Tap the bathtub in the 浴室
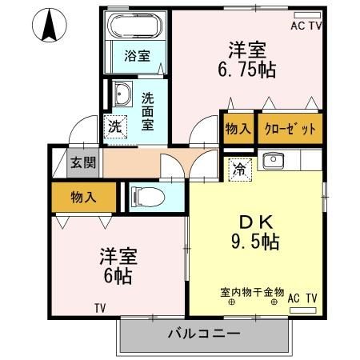coord(138,26)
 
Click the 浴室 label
coord(137,56)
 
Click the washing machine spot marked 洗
coord(115,126)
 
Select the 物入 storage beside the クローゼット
coord(238,128)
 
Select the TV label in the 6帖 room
coord(100,308)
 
